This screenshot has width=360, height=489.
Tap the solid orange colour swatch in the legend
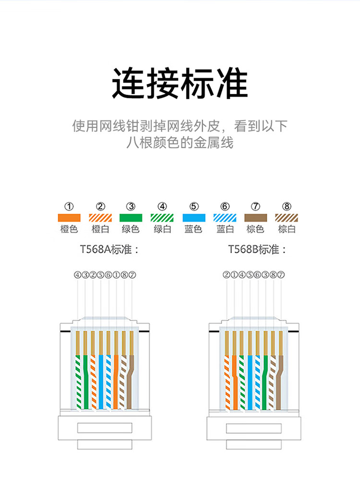[x=69, y=217]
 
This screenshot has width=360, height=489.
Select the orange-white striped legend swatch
[x=100, y=217]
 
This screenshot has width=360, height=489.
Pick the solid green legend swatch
[x=131, y=217]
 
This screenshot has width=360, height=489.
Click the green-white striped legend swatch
[x=162, y=217]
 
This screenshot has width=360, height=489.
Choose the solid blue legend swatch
[x=194, y=217]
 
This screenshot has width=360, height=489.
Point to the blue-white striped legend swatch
[x=225, y=217]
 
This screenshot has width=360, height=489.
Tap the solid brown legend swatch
[x=256, y=217]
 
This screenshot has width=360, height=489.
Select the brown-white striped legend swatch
[x=287, y=217]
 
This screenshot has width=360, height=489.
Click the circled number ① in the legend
[x=69, y=207]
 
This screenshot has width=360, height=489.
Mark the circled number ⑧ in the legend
[x=287, y=207]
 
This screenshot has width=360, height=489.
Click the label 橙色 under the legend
[x=69, y=229]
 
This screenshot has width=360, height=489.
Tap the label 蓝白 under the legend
[x=225, y=229]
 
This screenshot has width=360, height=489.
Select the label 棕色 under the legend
[x=256, y=229]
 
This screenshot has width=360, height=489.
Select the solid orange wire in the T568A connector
[x=116, y=379]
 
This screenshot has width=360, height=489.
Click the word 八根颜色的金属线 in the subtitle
[x=180, y=143]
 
